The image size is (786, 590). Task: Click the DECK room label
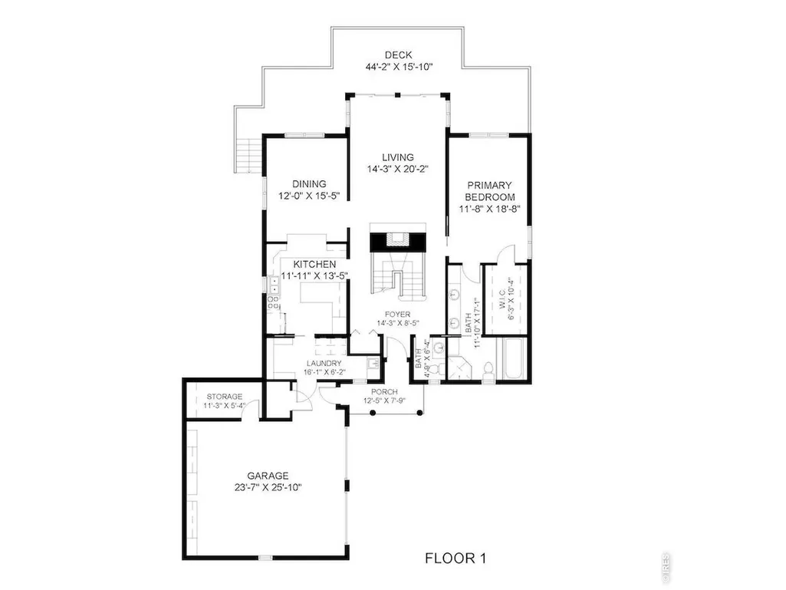click(x=399, y=54)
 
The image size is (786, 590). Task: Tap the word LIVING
click(x=398, y=157)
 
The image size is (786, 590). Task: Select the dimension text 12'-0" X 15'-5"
click(x=309, y=196)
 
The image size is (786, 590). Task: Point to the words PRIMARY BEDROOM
click(x=489, y=191)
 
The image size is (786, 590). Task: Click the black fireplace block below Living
click(x=398, y=242)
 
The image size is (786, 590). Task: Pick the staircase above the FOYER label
click(x=398, y=275)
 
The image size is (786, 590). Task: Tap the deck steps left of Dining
click(x=248, y=156)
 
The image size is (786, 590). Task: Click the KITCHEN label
click(x=314, y=265)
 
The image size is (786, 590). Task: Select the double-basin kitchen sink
click(x=274, y=285)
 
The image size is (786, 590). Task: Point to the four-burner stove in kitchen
click(x=273, y=302)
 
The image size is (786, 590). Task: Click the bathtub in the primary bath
click(x=511, y=359)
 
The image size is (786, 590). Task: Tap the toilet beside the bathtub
click(x=487, y=371)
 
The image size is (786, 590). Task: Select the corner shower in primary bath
click(x=459, y=368)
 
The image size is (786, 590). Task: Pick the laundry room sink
click(x=373, y=363)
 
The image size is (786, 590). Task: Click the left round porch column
click(x=373, y=413)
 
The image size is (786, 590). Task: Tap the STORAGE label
click(x=225, y=397)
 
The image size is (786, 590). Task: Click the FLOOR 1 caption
click(x=455, y=558)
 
